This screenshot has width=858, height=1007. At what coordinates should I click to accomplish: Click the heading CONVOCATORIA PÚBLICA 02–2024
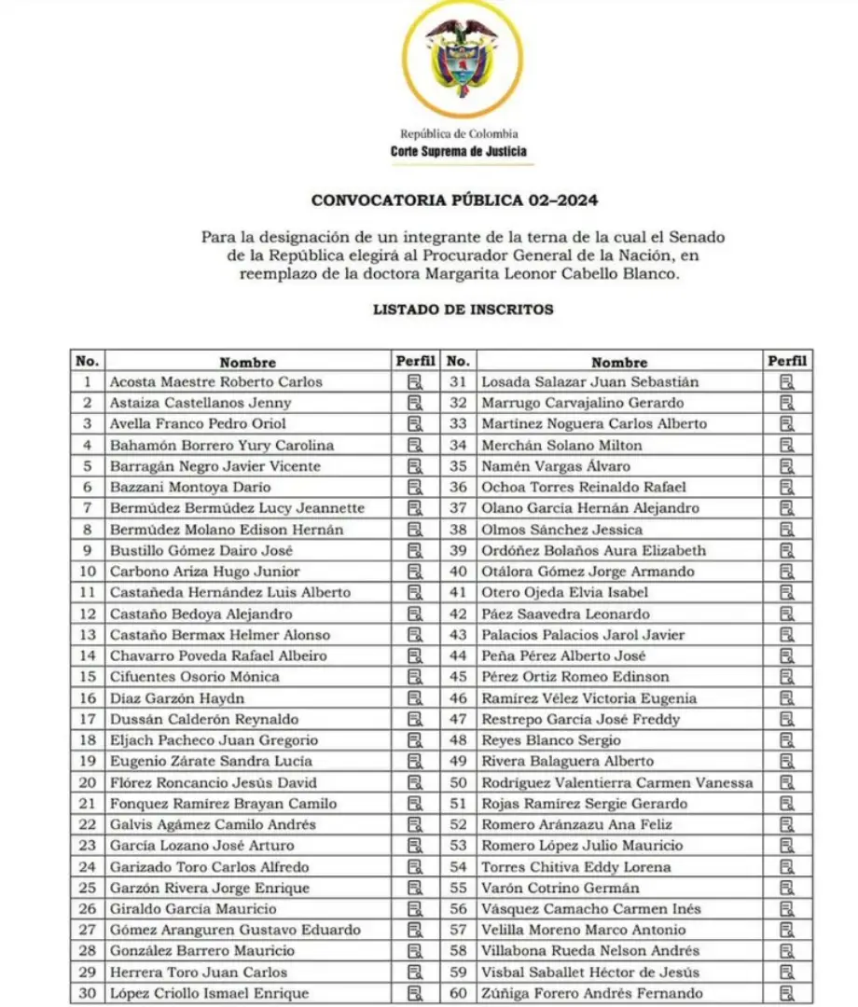[454, 200]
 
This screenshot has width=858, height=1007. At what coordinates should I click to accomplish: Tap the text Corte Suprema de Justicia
[458, 151]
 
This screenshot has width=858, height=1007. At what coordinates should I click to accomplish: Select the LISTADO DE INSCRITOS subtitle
[463, 310]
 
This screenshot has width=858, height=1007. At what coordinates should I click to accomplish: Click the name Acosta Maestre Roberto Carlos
[215, 381]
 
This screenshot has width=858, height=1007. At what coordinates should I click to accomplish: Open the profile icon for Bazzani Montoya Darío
[415, 487]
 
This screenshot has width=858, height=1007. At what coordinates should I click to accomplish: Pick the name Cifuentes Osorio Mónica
[185, 677]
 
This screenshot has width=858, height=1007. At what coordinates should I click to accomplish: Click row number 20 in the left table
[88, 782]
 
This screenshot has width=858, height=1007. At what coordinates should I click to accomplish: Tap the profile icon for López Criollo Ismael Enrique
[415, 993]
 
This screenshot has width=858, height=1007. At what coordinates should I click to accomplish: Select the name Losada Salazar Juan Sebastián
[589, 381]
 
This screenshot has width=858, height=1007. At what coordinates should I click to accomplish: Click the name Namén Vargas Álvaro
[555, 466]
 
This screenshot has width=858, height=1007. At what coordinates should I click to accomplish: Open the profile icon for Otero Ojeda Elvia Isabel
[787, 592]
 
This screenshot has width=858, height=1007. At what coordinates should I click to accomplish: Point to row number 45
[458, 677]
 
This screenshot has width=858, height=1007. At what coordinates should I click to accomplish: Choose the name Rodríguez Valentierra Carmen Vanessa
[616, 782]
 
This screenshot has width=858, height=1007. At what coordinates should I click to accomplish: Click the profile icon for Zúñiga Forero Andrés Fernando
[787, 993]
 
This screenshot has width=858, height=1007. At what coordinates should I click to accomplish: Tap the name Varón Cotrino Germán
[560, 888]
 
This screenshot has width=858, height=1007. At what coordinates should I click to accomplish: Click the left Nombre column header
[247, 362]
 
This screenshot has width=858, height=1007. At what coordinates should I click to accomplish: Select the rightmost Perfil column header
[787, 361]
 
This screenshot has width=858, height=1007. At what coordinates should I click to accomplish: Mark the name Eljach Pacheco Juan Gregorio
[214, 740]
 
